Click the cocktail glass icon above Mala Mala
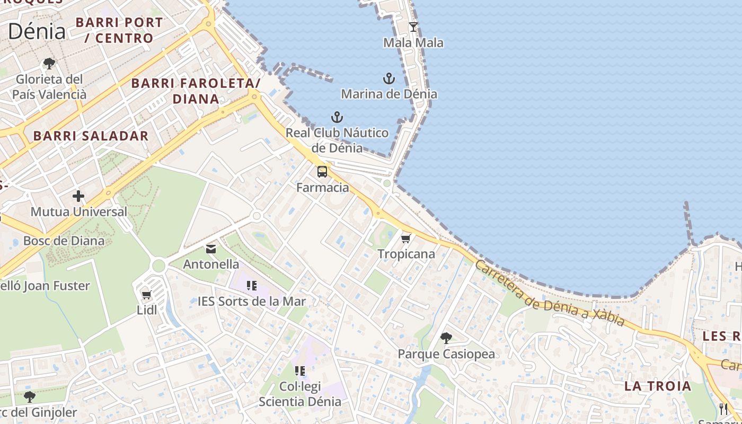[x=413, y=26]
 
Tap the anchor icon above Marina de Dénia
[x=389, y=79]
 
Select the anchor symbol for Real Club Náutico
[x=337, y=117]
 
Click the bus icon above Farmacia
[x=322, y=172]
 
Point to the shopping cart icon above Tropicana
[x=406, y=238]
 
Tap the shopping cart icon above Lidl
[x=147, y=295]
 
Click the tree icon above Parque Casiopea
[x=446, y=338]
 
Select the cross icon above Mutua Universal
[x=78, y=197]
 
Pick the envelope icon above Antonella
[x=211, y=249]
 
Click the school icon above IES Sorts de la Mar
[x=252, y=286]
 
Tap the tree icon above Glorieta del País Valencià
[x=49, y=64]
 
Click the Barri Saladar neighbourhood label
[x=91, y=136]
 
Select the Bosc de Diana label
[x=64, y=241]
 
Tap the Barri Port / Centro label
[x=119, y=30]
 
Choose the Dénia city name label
[x=37, y=31]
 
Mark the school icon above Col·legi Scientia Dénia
[x=300, y=371]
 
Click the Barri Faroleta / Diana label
[x=196, y=91]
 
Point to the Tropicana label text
[x=406, y=254]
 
